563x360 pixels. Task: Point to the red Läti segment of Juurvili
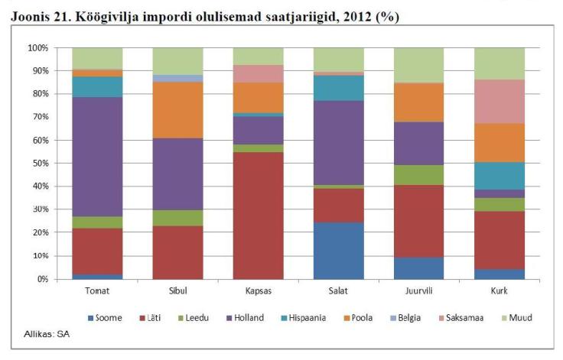(x=418, y=221)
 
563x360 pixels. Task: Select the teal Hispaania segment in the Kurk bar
(x=499, y=176)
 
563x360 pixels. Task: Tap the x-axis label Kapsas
(x=258, y=291)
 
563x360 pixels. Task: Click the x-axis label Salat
(x=338, y=291)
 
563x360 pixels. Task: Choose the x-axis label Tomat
(x=97, y=291)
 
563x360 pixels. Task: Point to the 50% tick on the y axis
(x=38, y=164)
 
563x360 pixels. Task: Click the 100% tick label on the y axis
(x=36, y=47)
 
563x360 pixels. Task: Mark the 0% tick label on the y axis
(x=41, y=280)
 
